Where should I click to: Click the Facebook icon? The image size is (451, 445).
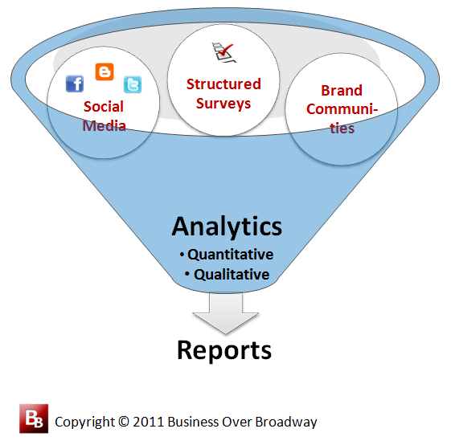(75, 84)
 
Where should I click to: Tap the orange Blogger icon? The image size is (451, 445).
(105, 71)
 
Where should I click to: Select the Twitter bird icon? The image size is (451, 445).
(133, 84)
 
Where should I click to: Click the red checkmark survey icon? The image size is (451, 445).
(224, 52)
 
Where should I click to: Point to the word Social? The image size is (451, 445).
(104, 106)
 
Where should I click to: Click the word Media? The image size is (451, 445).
(105, 125)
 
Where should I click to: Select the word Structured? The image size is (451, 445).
(223, 84)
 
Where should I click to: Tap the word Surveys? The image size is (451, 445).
(223, 104)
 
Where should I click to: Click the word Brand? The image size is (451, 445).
(342, 90)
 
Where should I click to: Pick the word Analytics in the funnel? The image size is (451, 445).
(227, 227)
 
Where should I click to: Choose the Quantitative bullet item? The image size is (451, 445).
(227, 255)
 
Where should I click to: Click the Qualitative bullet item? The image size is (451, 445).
(228, 274)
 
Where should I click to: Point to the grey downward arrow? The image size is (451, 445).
(226, 313)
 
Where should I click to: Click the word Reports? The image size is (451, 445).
(224, 350)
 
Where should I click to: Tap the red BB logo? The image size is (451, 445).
(34, 418)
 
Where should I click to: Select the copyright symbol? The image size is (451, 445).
(124, 422)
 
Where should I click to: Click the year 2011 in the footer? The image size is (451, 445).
(149, 422)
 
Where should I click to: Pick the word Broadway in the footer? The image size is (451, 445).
(286, 423)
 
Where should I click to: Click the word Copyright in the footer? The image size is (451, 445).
(85, 423)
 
